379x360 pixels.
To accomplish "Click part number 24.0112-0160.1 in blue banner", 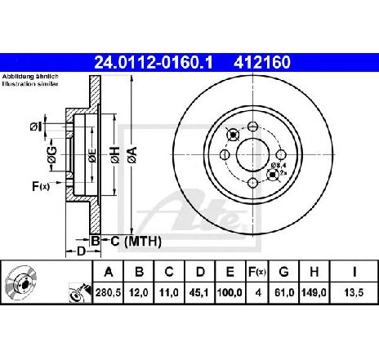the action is tap(153, 63).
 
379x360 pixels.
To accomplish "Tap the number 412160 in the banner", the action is tap(262, 63).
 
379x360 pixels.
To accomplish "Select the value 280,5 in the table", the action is tap(108, 293).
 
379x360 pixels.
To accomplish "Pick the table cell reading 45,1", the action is tap(200, 293).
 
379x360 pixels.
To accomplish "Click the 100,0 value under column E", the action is tap(230, 293).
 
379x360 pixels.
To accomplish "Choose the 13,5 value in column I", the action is tap(354, 293).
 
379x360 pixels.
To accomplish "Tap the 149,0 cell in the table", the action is tap(314, 293).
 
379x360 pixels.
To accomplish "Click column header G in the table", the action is tap(283, 272).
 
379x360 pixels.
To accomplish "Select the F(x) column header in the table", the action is tap(257, 272).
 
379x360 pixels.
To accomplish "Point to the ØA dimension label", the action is tap(133, 155).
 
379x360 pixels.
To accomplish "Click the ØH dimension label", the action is tap(115, 155).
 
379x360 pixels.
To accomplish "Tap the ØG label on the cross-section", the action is tap(51, 155).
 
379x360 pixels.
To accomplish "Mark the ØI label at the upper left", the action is tap(37, 127).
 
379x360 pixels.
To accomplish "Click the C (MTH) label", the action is tap(136, 241).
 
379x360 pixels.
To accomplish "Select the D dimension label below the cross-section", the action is tap(81, 251).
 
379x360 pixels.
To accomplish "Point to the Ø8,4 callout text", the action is tap(277, 165).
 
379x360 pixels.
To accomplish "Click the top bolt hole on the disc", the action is tap(253, 127).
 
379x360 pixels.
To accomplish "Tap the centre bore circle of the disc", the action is tap(253, 155).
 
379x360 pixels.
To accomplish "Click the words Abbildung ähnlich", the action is tap(30, 77).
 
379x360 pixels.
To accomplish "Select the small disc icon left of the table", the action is tap(20, 283).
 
